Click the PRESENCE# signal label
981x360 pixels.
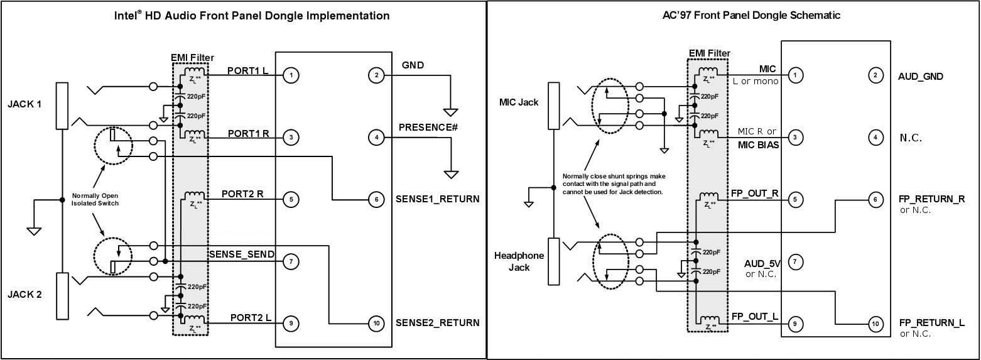point(428,128)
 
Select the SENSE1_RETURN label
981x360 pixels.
point(438,199)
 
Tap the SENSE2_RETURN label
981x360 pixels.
point(438,323)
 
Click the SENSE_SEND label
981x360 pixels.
point(241,254)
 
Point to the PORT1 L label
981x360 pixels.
point(248,71)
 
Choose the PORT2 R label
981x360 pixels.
point(242,194)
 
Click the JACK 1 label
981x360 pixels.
point(24,104)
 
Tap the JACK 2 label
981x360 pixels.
point(24,295)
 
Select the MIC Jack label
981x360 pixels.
point(519,102)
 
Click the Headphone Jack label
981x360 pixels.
point(519,261)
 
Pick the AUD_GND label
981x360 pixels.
point(921,77)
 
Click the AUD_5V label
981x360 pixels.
point(762,264)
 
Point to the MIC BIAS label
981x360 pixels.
point(759,145)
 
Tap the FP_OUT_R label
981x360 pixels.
point(754,194)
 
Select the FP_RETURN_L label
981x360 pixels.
point(932,323)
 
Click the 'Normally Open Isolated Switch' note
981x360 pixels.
point(95,199)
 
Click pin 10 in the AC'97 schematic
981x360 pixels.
point(875,324)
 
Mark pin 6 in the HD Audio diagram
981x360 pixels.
point(376,200)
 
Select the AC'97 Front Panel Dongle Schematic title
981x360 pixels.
point(752,15)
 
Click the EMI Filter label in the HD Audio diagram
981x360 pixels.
point(192,57)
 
